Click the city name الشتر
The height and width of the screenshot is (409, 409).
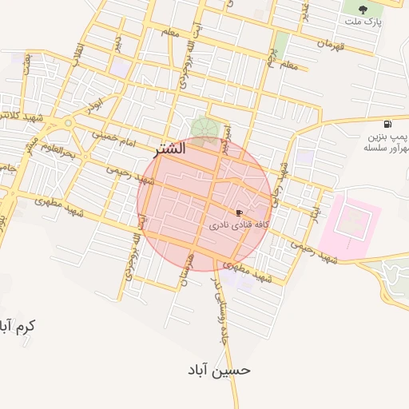167,149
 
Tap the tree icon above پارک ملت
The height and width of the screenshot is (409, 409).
363,10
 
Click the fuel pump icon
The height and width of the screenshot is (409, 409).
387,124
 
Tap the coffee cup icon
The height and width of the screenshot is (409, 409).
239,212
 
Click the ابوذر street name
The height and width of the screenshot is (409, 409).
97,105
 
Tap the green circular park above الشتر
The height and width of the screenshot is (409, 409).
201,128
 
